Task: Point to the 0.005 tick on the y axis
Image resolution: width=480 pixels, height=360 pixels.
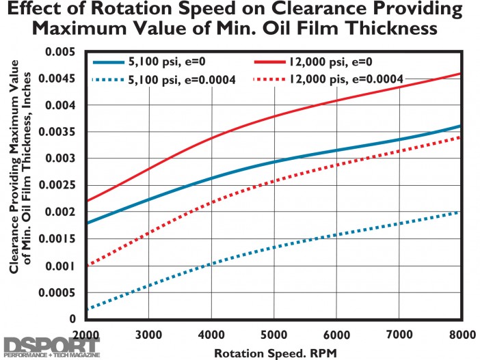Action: coord(61,52)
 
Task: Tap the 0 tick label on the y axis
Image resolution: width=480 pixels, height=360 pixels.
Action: coord(72,319)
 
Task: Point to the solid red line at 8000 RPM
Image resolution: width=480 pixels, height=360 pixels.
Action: coord(462,74)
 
